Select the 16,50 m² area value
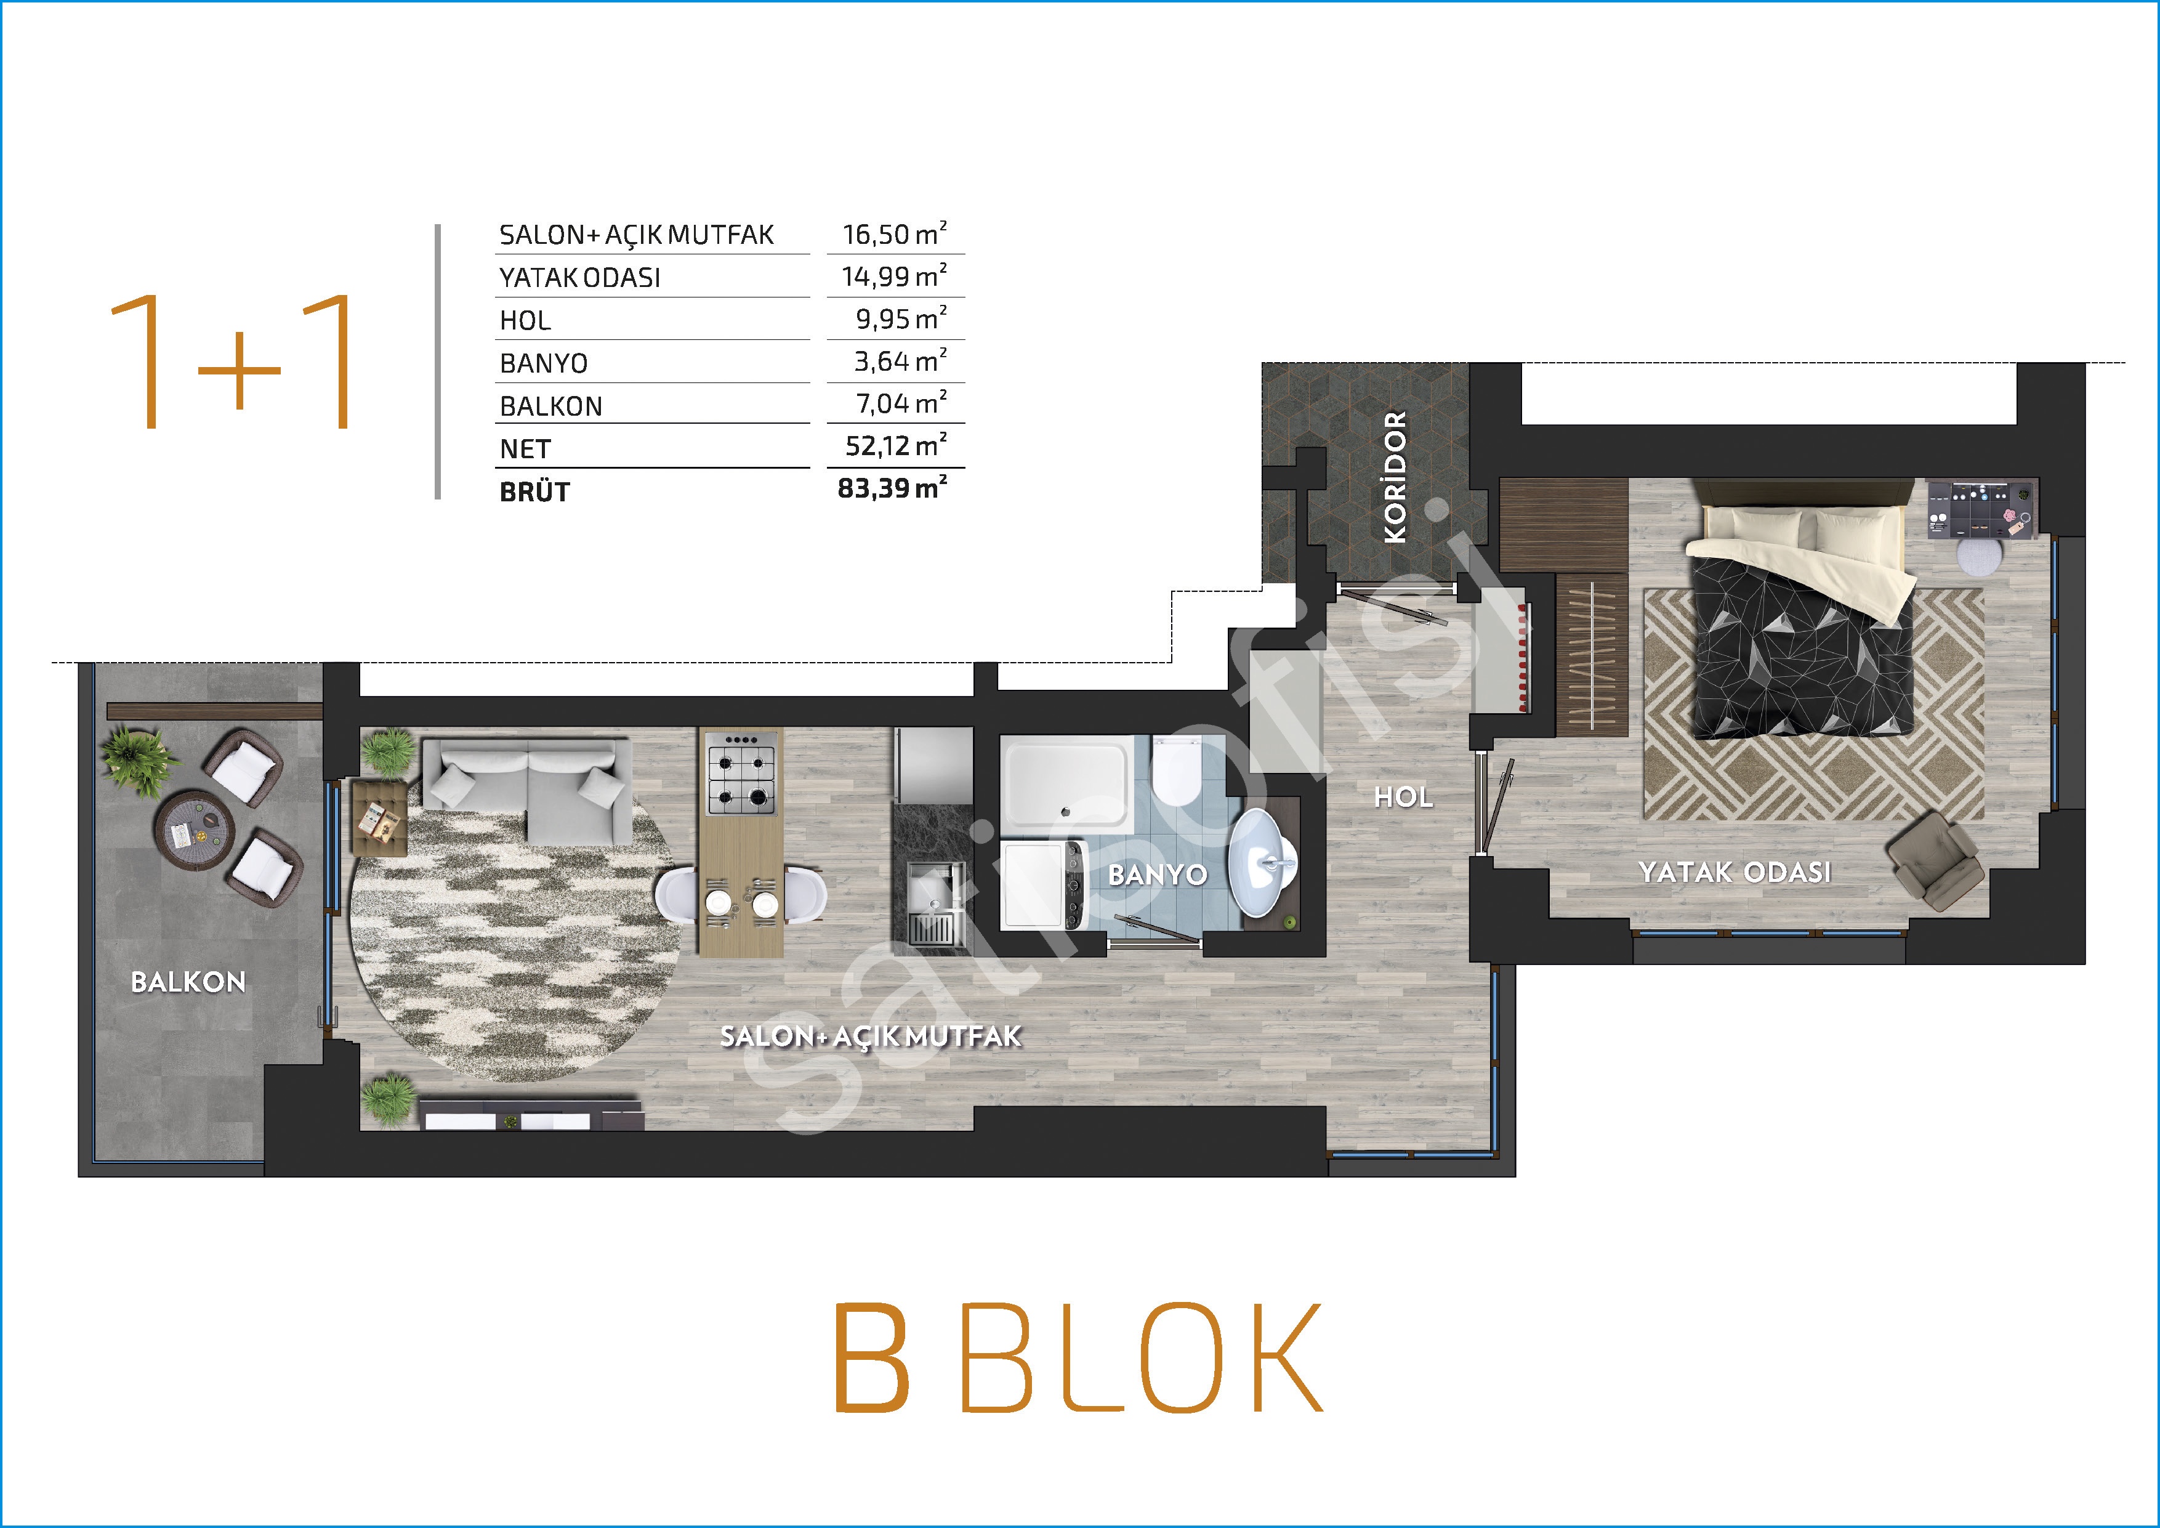(x=893, y=233)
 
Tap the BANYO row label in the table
(x=544, y=363)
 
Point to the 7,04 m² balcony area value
(x=900, y=403)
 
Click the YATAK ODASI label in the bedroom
(x=1735, y=872)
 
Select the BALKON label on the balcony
(x=188, y=982)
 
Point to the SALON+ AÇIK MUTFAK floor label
(x=870, y=1036)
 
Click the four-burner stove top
(x=741, y=774)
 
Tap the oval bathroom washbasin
(x=1263, y=862)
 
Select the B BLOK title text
(x=1079, y=1357)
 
